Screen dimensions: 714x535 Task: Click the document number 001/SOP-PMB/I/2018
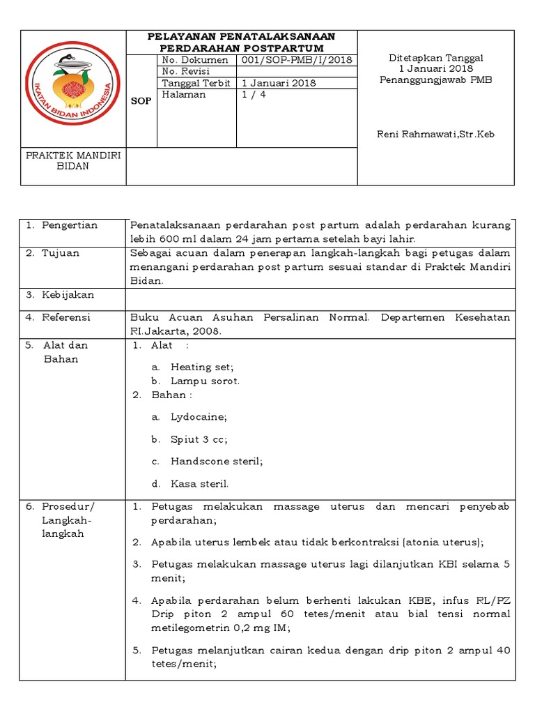(295, 60)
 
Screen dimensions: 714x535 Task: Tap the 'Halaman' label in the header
(183, 94)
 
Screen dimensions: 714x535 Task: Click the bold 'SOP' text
(141, 101)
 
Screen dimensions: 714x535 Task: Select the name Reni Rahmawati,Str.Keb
(435, 134)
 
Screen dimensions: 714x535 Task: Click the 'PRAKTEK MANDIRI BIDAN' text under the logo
(73, 161)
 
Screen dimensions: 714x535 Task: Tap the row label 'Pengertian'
(70, 225)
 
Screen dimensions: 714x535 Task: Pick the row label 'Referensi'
(67, 317)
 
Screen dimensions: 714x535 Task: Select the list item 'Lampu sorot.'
(205, 381)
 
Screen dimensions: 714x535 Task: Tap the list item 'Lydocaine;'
(199, 417)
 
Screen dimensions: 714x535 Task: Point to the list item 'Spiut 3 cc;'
(199, 439)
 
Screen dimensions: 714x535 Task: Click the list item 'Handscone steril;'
(217, 461)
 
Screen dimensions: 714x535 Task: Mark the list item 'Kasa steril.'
(199, 483)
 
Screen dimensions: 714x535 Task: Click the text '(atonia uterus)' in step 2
(443, 542)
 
